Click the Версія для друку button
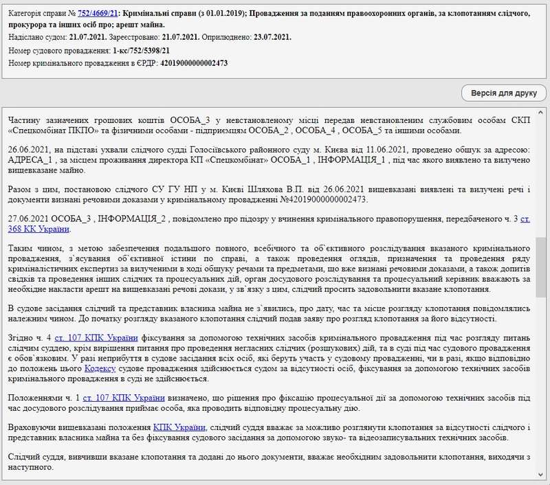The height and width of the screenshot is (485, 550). click(x=503, y=93)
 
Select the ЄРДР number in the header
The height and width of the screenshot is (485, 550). click(x=193, y=63)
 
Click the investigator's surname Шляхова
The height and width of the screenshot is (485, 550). click(x=224, y=188)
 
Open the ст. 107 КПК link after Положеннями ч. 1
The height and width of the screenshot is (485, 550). click(x=124, y=396)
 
